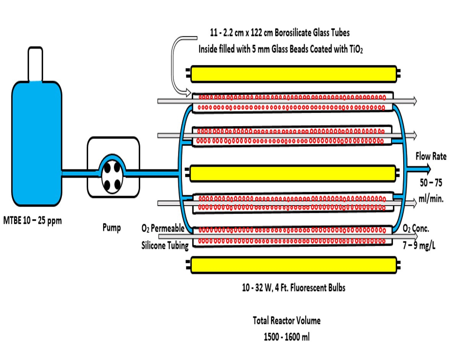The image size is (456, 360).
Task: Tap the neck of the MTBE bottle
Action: click(x=36, y=63)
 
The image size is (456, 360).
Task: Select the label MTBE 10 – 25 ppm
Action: click(x=32, y=221)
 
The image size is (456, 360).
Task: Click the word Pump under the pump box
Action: click(x=112, y=228)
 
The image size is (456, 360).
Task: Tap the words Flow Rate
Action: click(x=431, y=156)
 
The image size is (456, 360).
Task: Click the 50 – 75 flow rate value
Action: click(x=430, y=183)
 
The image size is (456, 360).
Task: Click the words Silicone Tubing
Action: click(x=165, y=245)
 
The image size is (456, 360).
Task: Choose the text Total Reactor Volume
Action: click(x=287, y=321)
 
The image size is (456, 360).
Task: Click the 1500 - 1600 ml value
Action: click(x=287, y=337)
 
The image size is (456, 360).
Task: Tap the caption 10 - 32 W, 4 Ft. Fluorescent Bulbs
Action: click(x=294, y=287)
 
